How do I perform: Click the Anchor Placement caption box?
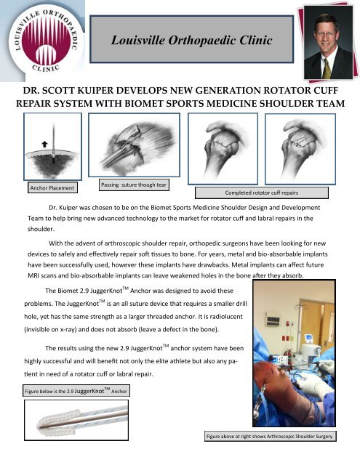[x=52, y=188]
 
